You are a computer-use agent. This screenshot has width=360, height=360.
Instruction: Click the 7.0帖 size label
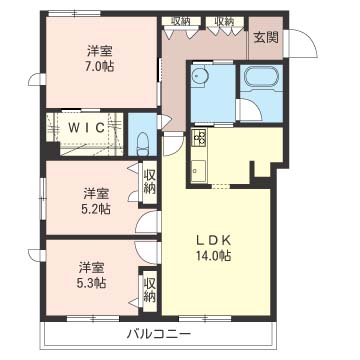[97, 67]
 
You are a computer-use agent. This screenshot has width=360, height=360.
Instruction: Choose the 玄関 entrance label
[265, 38]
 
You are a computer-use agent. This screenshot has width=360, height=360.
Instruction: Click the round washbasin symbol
[200, 77]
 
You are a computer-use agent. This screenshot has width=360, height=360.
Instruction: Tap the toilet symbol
[147, 136]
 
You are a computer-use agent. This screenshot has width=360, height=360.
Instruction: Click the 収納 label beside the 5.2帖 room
[150, 182]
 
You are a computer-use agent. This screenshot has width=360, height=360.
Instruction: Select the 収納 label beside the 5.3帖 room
[149, 289]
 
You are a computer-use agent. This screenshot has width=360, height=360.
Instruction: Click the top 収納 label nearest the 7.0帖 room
[181, 20]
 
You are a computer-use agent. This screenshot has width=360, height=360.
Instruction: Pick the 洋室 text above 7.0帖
[97, 51]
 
